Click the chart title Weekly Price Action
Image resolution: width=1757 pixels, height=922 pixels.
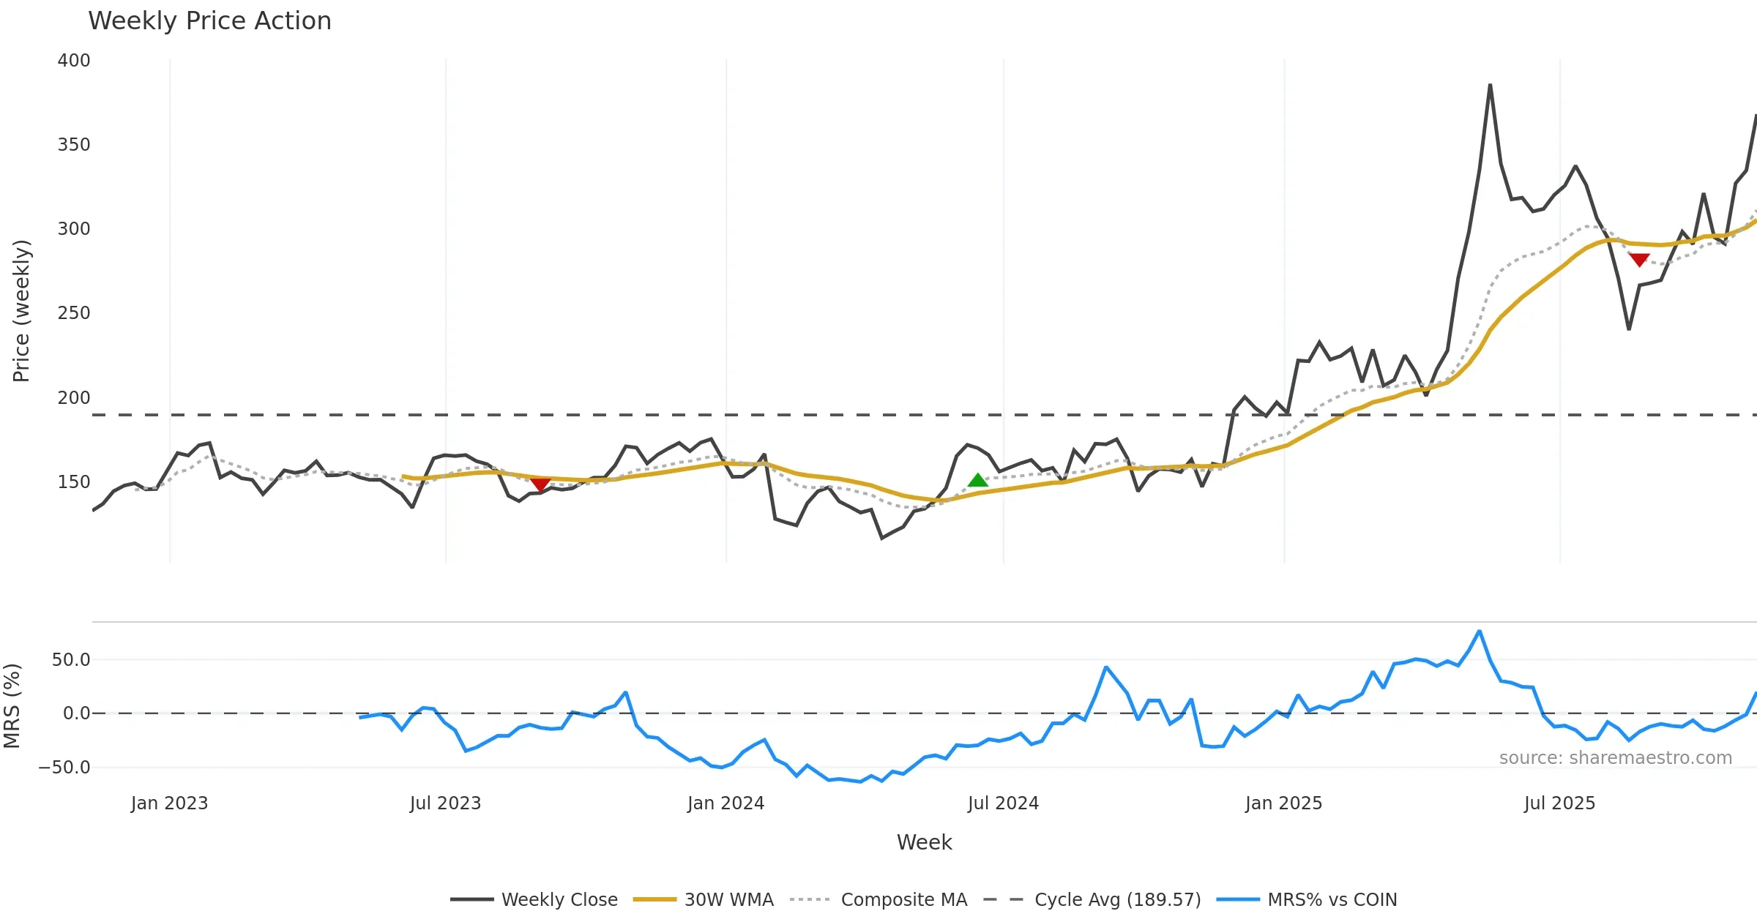pos(209,21)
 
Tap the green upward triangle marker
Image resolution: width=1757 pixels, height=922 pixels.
pos(978,481)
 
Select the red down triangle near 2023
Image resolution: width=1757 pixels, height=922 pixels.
pos(540,484)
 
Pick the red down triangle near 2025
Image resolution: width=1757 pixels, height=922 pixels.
pos(1639,260)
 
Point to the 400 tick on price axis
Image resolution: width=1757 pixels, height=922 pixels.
pos(74,61)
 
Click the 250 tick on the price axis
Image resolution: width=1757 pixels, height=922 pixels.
pos(74,313)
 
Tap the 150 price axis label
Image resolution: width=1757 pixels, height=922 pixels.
pos(74,482)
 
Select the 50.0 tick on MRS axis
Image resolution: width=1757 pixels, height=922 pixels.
pos(71,660)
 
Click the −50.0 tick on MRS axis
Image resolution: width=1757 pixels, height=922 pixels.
pos(65,768)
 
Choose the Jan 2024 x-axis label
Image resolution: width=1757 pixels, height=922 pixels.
pos(725,803)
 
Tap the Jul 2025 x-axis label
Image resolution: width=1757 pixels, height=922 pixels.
pos(1559,803)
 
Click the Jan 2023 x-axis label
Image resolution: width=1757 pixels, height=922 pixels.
pos(170,803)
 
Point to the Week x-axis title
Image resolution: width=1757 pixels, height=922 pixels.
pos(924,843)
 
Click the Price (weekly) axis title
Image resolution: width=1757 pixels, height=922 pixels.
pos(21,311)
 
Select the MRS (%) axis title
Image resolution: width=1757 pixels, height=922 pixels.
pos(12,706)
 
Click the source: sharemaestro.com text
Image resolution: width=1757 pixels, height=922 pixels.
pos(1615,758)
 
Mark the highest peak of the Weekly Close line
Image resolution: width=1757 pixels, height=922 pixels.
pos(1490,86)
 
